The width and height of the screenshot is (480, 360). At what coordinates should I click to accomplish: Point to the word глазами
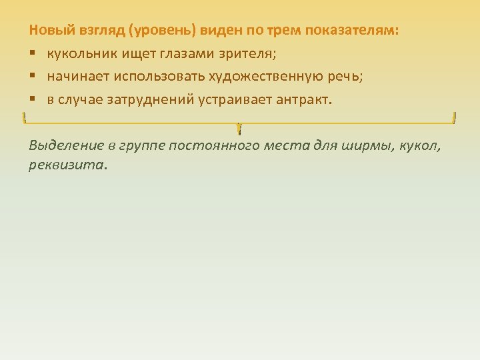[173, 54]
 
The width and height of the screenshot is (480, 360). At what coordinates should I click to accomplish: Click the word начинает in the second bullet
[76, 77]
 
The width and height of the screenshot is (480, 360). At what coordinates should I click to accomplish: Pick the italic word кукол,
[420, 145]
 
